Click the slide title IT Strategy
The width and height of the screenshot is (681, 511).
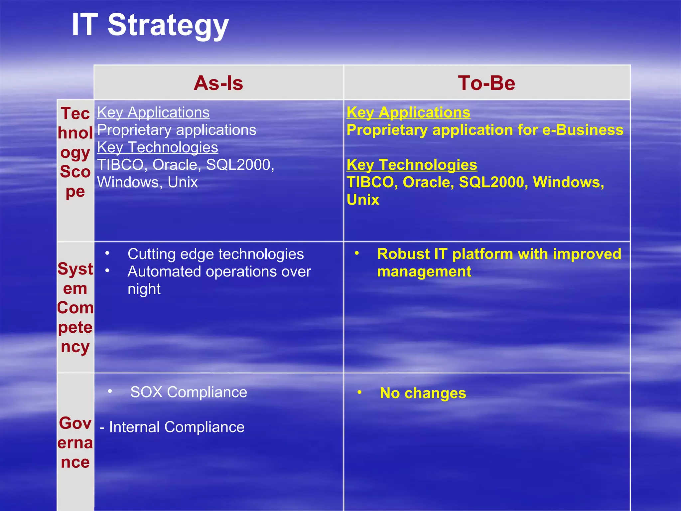click(x=150, y=26)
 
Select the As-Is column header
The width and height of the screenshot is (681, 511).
click(x=218, y=83)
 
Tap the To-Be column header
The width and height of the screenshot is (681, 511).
click(x=486, y=83)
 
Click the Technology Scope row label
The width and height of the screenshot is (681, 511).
click(x=75, y=152)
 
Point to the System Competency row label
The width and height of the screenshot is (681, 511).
click(x=75, y=308)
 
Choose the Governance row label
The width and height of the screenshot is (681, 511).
click(x=75, y=442)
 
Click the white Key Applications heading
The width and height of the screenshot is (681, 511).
click(x=153, y=112)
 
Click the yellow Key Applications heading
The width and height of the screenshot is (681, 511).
click(x=408, y=112)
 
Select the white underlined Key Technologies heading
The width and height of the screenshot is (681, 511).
click(x=157, y=147)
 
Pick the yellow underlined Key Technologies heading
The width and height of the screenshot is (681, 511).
click(x=412, y=165)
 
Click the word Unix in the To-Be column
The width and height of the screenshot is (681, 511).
click(x=363, y=200)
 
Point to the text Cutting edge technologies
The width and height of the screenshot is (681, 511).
click(x=215, y=254)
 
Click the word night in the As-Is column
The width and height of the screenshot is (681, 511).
click(x=144, y=289)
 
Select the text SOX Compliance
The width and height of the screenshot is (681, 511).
click(x=189, y=392)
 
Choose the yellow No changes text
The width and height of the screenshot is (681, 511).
click(x=423, y=393)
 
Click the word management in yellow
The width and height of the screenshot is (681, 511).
click(x=424, y=272)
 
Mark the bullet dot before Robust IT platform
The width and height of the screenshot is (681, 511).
click(x=357, y=253)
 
